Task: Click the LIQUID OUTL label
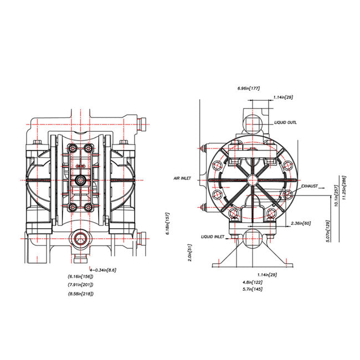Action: pos(285,122)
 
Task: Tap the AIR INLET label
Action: pos(183,179)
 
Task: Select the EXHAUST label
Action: pos(310,187)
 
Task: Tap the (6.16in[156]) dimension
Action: pos(81,276)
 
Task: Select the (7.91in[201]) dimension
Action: pos(81,285)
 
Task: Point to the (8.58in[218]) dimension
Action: pos(81,293)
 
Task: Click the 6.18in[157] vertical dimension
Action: pos(167,223)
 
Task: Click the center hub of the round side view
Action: pos(252,179)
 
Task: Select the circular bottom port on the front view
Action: pos(79,240)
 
